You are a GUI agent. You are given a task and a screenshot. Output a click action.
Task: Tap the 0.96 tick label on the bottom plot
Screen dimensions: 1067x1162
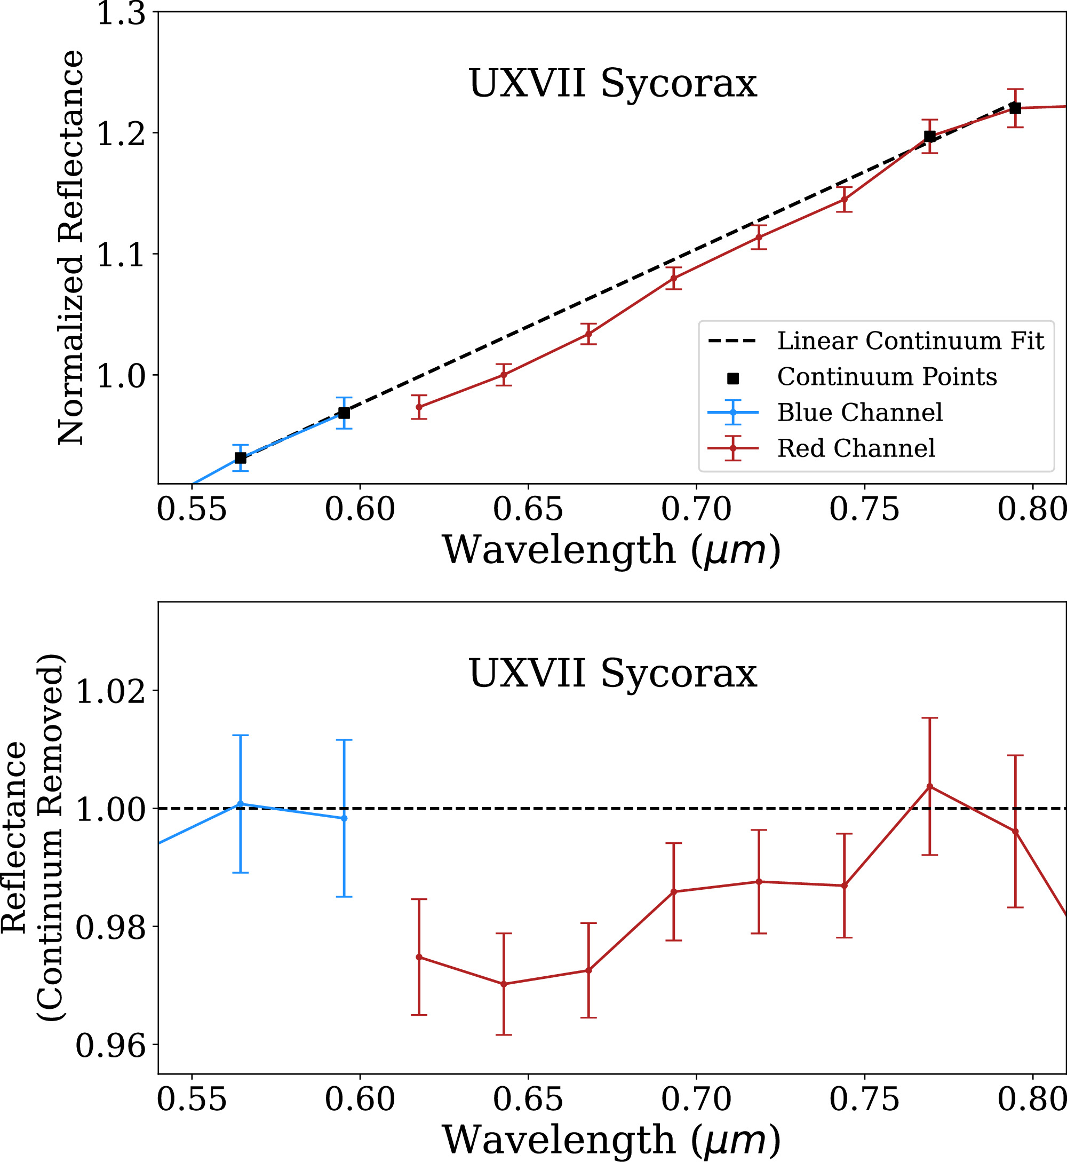tap(110, 1047)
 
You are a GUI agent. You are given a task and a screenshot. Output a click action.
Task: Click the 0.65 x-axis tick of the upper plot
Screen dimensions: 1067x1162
tap(528, 509)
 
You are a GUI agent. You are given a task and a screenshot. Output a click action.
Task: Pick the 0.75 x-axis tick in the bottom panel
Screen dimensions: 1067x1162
tap(864, 1100)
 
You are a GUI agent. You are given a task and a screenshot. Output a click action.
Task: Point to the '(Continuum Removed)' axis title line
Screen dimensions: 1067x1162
tap(51, 837)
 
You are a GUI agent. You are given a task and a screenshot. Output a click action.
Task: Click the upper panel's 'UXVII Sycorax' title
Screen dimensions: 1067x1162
tap(612, 84)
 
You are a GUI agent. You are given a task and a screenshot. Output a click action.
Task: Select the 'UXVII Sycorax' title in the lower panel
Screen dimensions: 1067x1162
tap(612, 674)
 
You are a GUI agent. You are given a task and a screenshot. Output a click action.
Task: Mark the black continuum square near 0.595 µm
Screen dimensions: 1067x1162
tap(344, 413)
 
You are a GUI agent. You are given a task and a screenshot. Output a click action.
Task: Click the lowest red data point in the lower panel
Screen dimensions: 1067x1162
tap(504, 984)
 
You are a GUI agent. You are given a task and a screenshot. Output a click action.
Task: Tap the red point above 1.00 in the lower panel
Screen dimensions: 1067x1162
tap(929, 787)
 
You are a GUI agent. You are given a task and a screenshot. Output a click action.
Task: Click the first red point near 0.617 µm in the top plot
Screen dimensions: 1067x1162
tap(419, 407)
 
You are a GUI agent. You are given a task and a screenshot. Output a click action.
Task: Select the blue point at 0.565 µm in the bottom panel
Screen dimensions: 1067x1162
tap(240, 804)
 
